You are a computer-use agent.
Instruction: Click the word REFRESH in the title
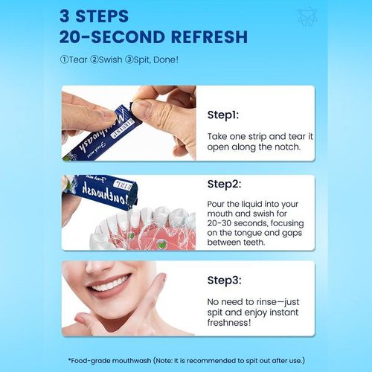click(x=209, y=37)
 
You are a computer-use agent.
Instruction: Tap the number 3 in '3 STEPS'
click(x=64, y=16)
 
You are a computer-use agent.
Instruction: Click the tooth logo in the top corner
click(x=307, y=16)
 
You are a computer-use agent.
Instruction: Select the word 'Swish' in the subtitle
click(x=110, y=60)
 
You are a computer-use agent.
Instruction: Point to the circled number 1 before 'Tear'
click(x=64, y=60)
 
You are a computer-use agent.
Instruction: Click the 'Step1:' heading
click(x=223, y=115)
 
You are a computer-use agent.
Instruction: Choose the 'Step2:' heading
click(x=224, y=185)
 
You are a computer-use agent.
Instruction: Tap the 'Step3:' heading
click(x=224, y=280)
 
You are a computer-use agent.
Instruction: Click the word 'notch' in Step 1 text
click(x=287, y=147)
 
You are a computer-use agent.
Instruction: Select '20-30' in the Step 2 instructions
click(x=219, y=223)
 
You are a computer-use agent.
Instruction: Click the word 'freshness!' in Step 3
click(x=229, y=323)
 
